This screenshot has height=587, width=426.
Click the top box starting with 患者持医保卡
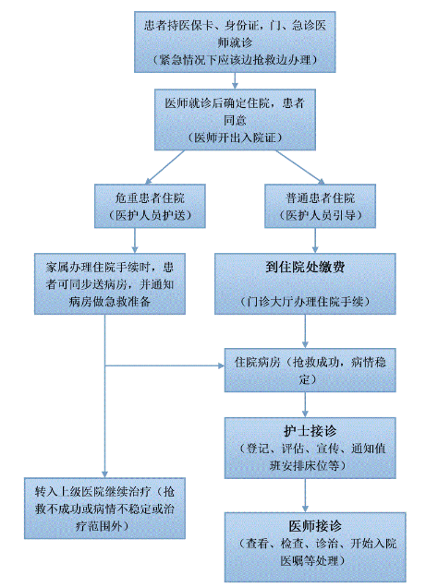pos(235,42)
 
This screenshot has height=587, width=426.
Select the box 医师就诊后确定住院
pos(235,120)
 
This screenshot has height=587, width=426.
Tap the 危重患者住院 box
pos(150,206)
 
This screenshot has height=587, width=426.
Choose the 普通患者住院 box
pos(320,206)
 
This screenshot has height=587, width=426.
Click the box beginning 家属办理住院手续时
pos(110,283)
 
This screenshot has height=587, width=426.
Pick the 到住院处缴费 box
pos(305,283)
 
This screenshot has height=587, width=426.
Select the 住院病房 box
pos(310,370)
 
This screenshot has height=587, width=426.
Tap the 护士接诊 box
pos(310,448)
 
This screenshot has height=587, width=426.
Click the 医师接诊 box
pos(315,547)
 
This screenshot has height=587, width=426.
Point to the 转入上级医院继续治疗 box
pos(104,509)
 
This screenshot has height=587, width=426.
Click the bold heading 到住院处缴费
pos(305,267)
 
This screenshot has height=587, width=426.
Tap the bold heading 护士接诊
pos(310,431)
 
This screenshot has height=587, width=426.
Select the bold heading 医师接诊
pos(315,526)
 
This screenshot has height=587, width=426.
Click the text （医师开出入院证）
pos(235,138)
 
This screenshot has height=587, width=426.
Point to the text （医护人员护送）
pos(150,215)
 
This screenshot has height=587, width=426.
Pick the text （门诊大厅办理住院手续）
pos(305,302)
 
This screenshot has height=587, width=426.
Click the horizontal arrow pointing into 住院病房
pos(164,365)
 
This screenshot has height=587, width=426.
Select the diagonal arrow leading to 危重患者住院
pos(164,167)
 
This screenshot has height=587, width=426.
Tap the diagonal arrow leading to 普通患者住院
pos(300,167)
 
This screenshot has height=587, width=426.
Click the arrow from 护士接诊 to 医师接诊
pos(305,496)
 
